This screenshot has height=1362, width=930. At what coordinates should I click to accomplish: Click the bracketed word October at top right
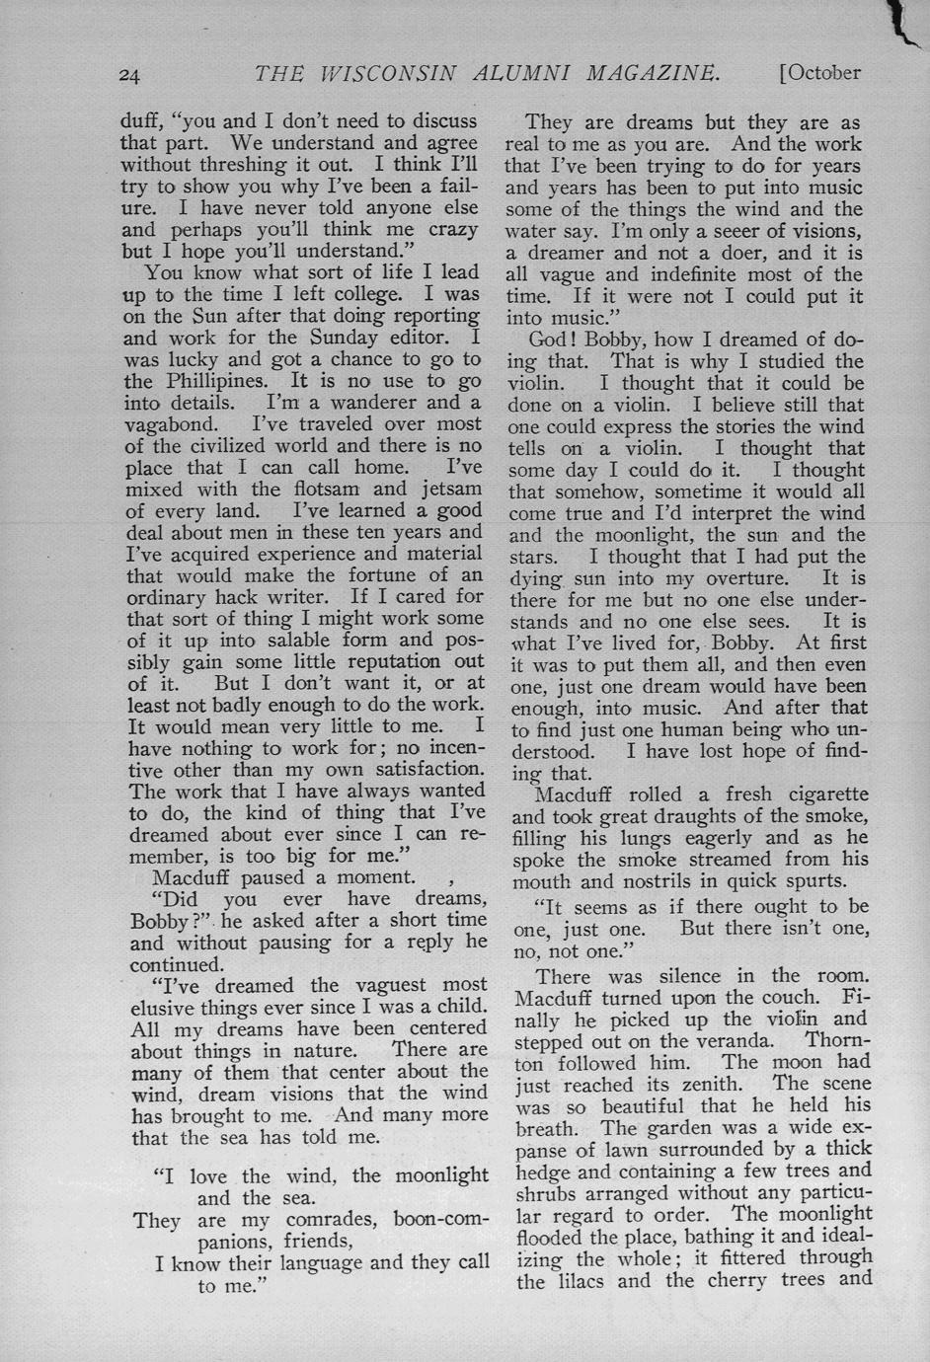click(820, 72)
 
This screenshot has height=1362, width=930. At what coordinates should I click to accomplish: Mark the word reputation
click(389, 661)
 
